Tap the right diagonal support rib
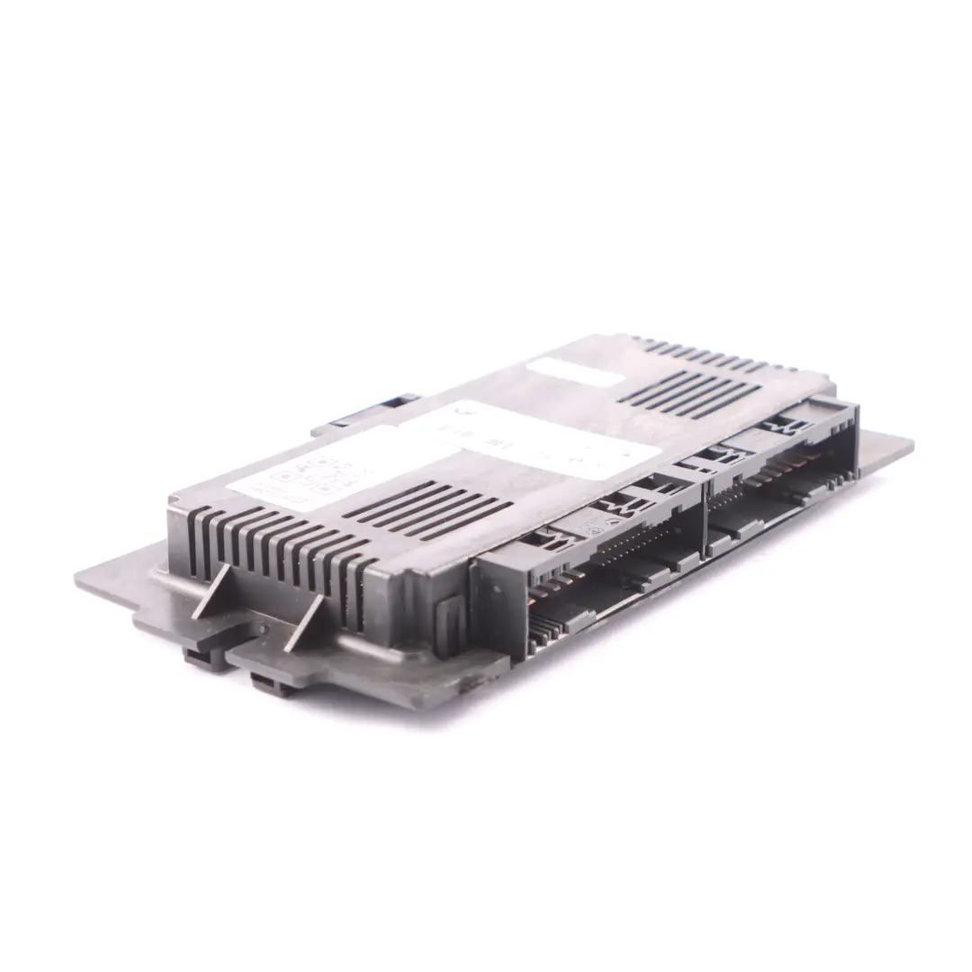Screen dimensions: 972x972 [x=304, y=620]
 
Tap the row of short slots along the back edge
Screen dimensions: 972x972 [x=702, y=352]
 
